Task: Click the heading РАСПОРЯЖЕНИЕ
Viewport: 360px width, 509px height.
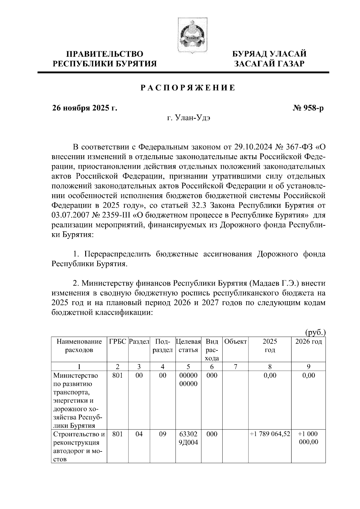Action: pos(188,88)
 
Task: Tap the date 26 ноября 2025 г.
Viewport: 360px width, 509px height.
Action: pos(84,108)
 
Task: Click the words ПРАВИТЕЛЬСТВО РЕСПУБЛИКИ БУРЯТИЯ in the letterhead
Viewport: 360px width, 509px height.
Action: pos(105,59)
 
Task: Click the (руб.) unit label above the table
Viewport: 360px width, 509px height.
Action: pos(315,332)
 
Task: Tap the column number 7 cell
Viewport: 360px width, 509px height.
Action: pos(235,366)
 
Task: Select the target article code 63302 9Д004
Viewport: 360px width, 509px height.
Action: pos(188,438)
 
